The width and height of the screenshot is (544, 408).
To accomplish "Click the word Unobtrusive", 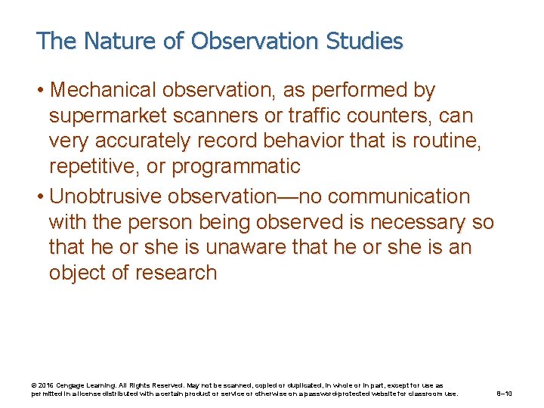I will pyautogui.click(x=105, y=197).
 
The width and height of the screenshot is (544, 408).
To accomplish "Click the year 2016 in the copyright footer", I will pyautogui.click(x=45, y=385).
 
